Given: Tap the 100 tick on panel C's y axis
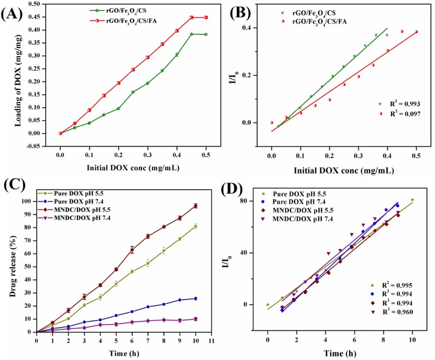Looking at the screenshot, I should coord(26,201).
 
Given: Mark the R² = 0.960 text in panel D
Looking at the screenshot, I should coord(406,312).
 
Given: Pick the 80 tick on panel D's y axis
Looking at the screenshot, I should coord(247,201).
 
